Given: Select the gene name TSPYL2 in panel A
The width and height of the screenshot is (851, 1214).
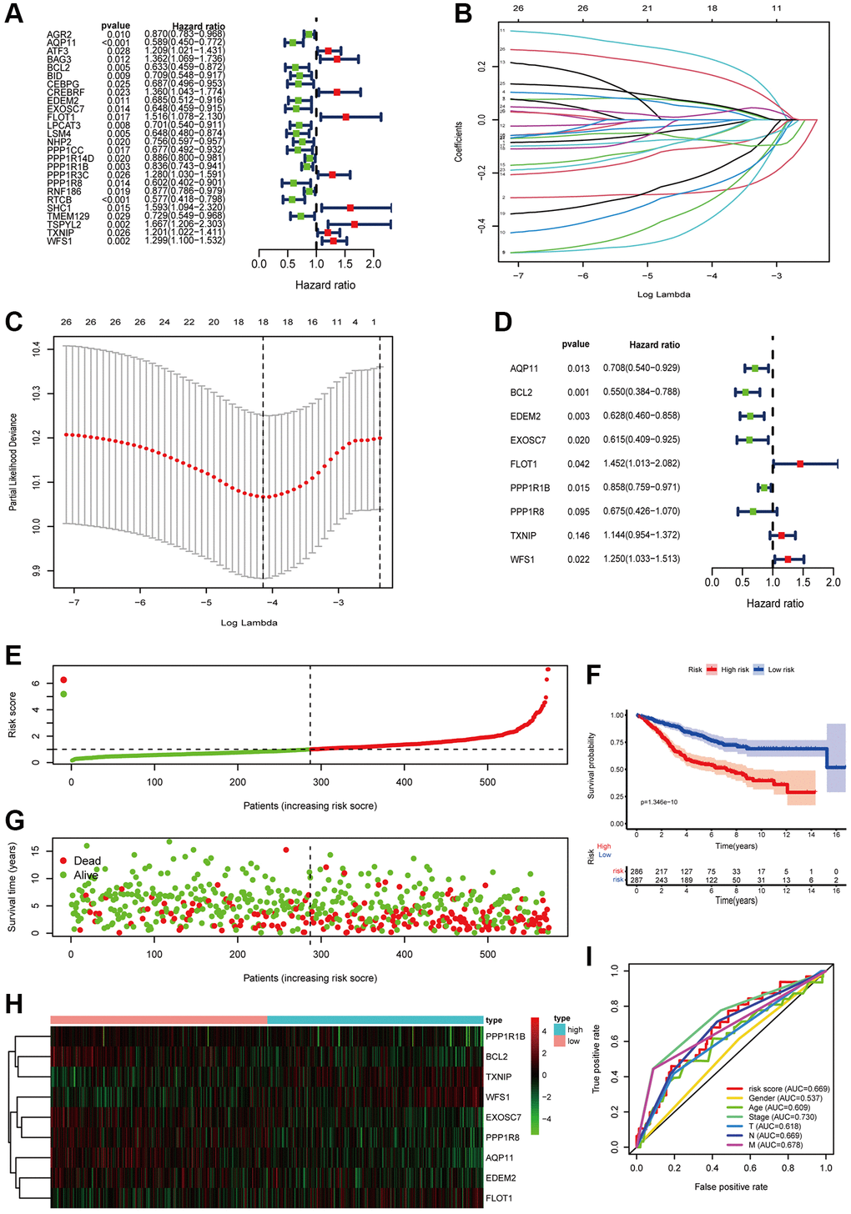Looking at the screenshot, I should [64, 224].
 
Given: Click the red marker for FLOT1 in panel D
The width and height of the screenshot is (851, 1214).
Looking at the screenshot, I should [800, 464].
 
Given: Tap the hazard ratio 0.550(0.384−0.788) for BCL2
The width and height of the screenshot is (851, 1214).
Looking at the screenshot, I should [641, 392].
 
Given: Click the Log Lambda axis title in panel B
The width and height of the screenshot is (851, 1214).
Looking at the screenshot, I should [664, 293].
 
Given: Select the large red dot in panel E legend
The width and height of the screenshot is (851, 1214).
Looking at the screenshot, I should [63, 680].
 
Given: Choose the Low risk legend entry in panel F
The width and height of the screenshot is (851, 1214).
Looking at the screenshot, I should [781, 670].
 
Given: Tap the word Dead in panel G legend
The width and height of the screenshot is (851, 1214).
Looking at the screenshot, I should [87, 860].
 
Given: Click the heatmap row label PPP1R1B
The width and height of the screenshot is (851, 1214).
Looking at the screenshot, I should [506, 1036].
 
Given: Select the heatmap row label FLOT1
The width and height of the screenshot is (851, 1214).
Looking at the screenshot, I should [499, 1198].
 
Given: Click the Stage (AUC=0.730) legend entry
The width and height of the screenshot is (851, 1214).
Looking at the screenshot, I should [782, 1116].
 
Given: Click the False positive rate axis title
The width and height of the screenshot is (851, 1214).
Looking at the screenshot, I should [731, 1186].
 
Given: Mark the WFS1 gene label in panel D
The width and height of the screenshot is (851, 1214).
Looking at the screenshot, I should [522, 559].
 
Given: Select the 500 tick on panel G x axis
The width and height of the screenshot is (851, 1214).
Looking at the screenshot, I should [487, 955].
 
